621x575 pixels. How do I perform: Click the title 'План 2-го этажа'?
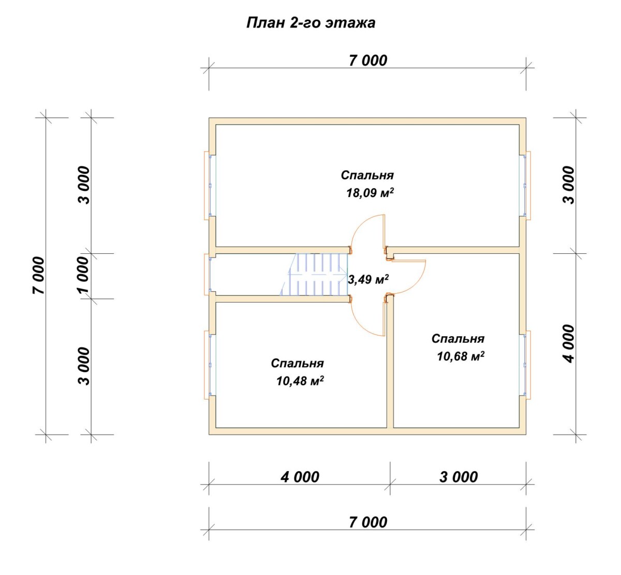point(310,23)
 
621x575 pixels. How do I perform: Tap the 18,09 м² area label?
point(369,193)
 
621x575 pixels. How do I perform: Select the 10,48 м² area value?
point(300,381)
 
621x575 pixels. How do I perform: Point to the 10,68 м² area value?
point(461,356)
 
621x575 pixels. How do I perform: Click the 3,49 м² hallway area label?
point(368,279)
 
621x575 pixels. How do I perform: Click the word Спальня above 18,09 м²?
point(367,175)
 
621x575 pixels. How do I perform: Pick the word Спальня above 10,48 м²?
point(297,363)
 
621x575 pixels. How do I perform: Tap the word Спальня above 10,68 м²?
point(458,339)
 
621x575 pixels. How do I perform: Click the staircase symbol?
point(314,274)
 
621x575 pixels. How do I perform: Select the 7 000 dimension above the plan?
point(368,60)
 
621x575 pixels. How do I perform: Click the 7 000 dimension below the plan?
point(368,522)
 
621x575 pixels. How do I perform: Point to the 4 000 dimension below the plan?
point(300,477)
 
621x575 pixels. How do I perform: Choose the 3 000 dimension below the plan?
point(459,477)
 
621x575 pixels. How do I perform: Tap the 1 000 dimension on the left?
point(84,275)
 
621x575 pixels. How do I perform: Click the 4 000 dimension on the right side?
point(568,344)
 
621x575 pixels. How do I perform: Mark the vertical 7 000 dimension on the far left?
point(38,275)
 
